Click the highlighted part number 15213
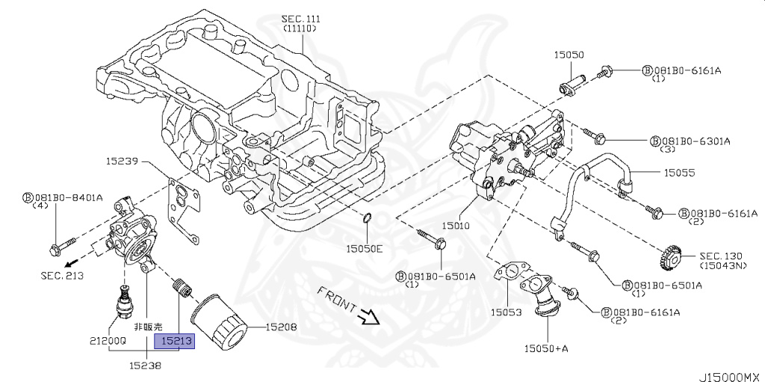(x=175, y=341)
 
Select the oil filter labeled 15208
(x=217, y=318)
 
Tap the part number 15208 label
(x=281, y=327)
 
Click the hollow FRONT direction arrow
(x=369, y=318)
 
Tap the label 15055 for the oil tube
(x=678, y=173)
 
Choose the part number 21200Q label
(x=108, y=340)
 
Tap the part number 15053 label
(x=506, y=312)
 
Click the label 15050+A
(x=546, y=348)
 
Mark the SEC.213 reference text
(x=62, y=276)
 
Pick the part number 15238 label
(x=145, y=365)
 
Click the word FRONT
(x=337, y=299)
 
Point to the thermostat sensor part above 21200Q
(x=125, y=299)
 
